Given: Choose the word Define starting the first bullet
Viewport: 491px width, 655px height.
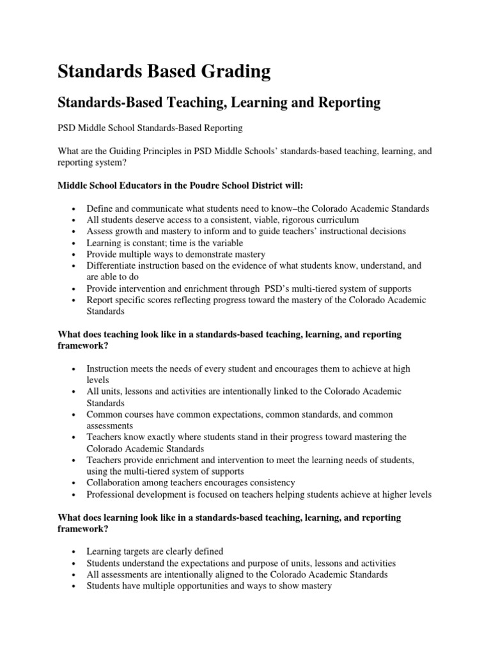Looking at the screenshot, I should [x=100, y=209].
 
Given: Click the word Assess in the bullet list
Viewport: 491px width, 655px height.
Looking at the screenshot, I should [x=100, y=231].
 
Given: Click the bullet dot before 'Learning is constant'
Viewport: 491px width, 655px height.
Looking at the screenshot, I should [x=75, y=242].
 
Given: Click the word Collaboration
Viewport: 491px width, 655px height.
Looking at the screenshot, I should [x=115, y=482].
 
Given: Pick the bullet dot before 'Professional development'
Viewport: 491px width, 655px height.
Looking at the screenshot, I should [x=75, y=494].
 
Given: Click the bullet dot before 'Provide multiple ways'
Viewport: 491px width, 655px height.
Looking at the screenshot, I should [x=75, y=254].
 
